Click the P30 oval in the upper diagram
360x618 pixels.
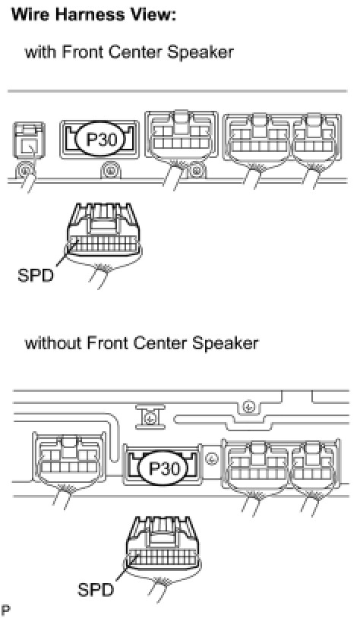[x=99, y=140]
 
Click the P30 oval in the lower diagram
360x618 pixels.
[x=163, y=468]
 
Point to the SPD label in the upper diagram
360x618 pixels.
[x=36, y=276]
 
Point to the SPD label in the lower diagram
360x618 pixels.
[x=96, y=590]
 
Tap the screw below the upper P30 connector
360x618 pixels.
[x=109, y=172]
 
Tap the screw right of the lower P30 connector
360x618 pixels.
[x=212, y=459]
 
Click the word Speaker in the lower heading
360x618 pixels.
[x=225, y=343]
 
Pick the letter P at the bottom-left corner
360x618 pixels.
[x=5, y=610]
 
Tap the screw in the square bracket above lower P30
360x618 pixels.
[x=150, y=418]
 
